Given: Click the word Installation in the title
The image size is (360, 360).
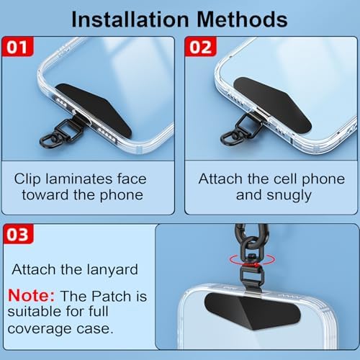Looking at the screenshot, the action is point(130,19).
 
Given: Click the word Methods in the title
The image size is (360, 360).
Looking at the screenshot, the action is point(242,19).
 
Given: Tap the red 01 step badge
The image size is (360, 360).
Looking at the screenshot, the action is point(17,47).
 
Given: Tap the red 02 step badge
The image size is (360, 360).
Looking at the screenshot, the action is point(201,47).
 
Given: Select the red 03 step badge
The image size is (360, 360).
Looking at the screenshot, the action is point(18,234).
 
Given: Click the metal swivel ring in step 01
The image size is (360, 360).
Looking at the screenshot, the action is point(49,142).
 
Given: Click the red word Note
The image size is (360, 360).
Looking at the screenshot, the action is point(31,295).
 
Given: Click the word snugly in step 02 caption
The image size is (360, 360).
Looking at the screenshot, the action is point(289,196).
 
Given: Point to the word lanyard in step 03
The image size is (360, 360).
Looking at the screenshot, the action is point(112,270).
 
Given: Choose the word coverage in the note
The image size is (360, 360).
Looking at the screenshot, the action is point(40,328).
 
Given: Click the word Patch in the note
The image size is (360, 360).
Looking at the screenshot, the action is point(112,296).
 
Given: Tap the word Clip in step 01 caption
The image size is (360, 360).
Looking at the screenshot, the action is point(27,179).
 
